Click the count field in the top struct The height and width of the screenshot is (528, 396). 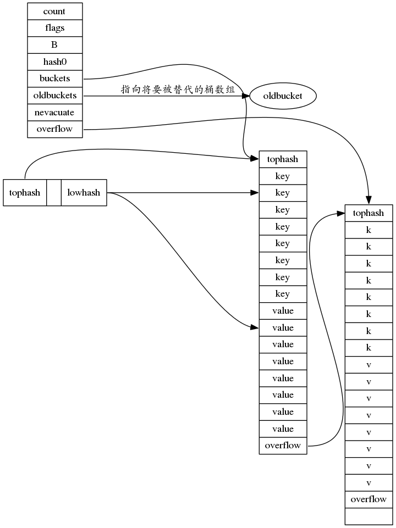pyautogui.click(x=54, y=11)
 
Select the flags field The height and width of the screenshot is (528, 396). pyautogui.click(x=54, y=28)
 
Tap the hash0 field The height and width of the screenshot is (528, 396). pyautogui.click(x=54, y=62)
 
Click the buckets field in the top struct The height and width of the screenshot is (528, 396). pyautogui.click(x=54, y=79)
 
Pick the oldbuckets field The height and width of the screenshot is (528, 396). pyautogui.click(x=54, y=96)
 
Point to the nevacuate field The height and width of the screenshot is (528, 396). pyautogui.click(x=54, y=113)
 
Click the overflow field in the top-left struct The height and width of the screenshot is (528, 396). pyautogui.click(x=54, y=129)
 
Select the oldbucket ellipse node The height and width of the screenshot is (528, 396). pyautogui.click(x=283, y=96)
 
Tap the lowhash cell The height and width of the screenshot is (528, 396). pyautogui.click(x=84, y=193)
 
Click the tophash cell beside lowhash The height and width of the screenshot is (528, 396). pyautogui.click(x=25, y=193)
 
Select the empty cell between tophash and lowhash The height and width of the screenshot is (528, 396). pyautogui.click(x=54, y=193)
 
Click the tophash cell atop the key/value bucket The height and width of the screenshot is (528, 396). pyautogui.click(x=283, y=159)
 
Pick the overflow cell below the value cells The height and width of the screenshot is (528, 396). pyautogui.click(x=283, y=446)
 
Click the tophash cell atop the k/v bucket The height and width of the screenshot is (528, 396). pyautogui.click(x=369, y=213)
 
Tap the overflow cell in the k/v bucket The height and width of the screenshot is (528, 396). pyautogui.click(x=369, y=499)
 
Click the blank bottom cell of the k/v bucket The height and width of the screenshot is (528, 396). pyautogui.click(x=369, y=516)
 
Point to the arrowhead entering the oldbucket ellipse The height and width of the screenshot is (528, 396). pyautogui.click(x=245, y=96)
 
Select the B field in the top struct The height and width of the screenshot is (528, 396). pyautogui.click(x=54, y=45)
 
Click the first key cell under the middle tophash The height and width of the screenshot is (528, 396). pyautogui.click(x=283, y=176)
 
